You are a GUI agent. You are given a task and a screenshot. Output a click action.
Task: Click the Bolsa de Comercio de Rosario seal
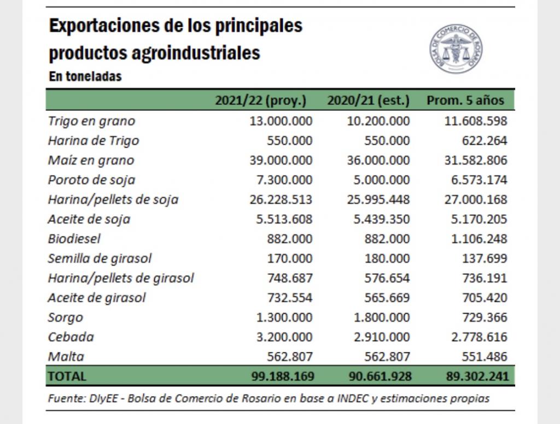coord(456,49)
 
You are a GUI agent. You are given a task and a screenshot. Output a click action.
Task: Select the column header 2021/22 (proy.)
coord(261,101)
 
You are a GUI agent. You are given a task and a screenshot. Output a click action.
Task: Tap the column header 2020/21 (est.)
coord(368,101)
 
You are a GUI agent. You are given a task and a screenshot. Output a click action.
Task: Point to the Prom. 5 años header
coord(465,101)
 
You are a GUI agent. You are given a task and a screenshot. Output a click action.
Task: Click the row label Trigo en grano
coord(92,121)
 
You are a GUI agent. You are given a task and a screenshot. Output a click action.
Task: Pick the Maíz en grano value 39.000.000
coord(281,160)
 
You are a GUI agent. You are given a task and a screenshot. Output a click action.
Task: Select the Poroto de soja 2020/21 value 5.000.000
coord(381,180)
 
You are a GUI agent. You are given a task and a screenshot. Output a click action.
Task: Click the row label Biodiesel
coord(74,239)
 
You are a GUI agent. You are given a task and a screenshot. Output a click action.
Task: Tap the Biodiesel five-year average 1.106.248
coord(479,239)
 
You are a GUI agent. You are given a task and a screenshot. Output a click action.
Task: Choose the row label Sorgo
coord(66,317)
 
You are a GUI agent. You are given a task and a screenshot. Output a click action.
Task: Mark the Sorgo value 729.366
coord(485,317)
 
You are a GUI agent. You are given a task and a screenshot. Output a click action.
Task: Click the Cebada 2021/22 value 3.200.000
coord(284,337)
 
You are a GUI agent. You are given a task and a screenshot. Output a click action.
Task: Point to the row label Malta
coord(66,357)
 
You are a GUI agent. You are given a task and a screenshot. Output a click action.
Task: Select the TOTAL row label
coord(67,376)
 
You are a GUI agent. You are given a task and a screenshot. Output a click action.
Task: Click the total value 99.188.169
coord(283,376)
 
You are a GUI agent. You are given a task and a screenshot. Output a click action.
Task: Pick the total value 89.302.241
coord(477,376)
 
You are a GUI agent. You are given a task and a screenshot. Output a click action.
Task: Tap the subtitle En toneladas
coord(85,76)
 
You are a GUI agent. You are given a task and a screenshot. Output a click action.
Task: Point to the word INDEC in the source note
coord(353,398)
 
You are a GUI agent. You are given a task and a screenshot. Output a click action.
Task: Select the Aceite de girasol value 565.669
coord(387,298)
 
